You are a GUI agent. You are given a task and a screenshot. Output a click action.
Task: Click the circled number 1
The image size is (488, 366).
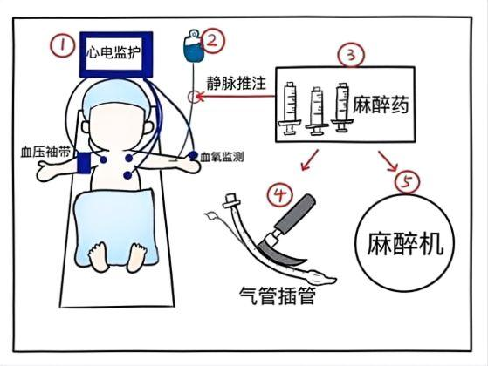pos(63,46)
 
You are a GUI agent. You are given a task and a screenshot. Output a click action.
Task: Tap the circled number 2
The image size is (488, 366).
pos(212,41)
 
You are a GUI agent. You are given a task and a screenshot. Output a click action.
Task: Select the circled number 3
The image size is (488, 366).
pos(351,55)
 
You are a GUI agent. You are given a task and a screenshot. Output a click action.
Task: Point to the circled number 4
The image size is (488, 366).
pos(279,194)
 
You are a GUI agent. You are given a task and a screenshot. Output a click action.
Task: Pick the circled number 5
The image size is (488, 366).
pos(407,181)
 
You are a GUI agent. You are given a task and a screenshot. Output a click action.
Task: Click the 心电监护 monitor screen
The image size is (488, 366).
pos(116,54)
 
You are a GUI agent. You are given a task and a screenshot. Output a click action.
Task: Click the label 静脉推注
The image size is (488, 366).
pos(237,83)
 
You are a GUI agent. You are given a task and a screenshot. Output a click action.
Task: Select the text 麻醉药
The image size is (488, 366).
pos(381,105)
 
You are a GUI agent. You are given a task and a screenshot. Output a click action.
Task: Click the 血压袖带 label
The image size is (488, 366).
pos(45,152)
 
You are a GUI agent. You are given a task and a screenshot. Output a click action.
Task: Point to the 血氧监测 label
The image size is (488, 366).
pos(222,157)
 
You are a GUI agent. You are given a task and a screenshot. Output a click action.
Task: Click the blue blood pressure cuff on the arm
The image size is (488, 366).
pos(84,163)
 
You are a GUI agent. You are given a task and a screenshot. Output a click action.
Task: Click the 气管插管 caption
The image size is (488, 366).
pos(278,295)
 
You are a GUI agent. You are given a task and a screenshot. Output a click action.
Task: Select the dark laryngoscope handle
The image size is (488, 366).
pos(295,213)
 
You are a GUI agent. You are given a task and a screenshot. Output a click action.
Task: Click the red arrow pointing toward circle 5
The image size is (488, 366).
pos(388,161)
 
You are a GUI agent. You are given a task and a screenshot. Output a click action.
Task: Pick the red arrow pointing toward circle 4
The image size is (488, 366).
pos(309,160)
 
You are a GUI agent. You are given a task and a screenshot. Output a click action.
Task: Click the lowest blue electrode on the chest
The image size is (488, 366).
pos(127,175)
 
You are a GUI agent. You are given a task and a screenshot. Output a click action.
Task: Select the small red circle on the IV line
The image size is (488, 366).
pos(193,97)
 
